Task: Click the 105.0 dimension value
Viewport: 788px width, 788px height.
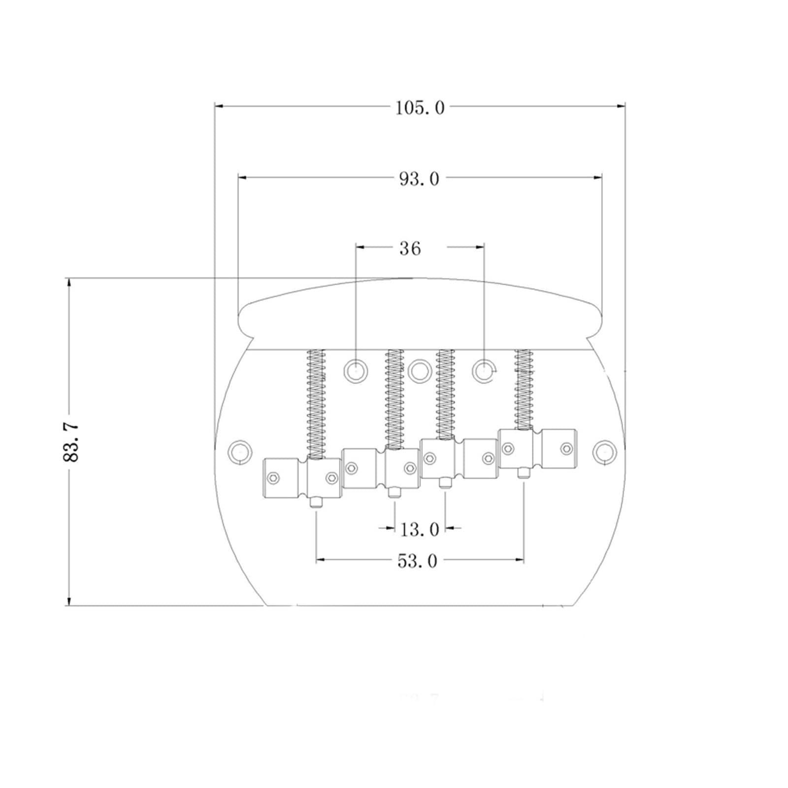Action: coord(420,107)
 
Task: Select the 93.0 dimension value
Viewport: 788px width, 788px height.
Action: coord(419,179)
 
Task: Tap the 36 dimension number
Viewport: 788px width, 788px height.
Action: coord(410,248)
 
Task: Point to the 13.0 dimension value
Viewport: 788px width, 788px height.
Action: coord(420,530)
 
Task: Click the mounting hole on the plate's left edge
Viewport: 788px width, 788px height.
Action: coord(240,451)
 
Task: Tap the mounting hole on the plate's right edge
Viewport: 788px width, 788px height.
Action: coord(604,451)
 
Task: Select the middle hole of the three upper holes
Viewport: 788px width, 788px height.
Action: coord(419,371)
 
